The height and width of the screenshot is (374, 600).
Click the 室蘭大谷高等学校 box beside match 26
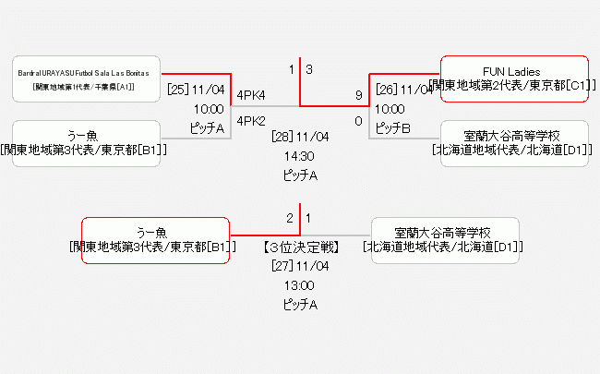513,142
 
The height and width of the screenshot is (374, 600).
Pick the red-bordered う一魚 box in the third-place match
155,240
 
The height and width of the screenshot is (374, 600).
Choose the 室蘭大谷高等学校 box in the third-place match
444,240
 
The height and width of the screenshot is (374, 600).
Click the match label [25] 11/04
196,90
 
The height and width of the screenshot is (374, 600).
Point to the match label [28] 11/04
300,137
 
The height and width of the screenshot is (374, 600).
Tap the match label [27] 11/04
300,266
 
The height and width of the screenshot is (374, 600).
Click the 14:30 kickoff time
300,156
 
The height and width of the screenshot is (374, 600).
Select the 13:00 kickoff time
300,285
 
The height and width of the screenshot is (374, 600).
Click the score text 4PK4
251,95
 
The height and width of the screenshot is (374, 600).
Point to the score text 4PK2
251,120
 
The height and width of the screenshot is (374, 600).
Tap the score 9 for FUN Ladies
358,94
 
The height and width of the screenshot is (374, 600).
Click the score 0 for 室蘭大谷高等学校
358,120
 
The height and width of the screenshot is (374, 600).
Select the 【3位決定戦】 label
300,247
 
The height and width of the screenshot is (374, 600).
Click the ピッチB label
392,128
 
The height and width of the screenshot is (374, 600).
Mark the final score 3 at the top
309,69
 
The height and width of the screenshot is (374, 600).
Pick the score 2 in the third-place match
290,218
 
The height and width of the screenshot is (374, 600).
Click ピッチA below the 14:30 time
300,175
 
